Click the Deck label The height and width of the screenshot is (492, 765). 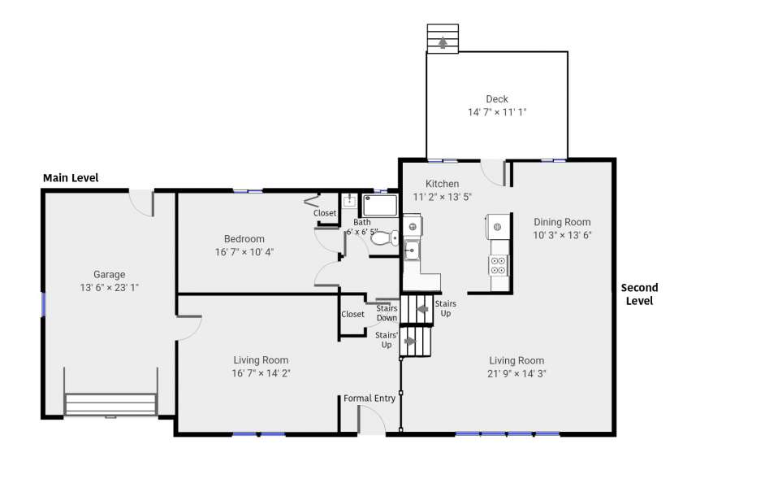click(497, 99)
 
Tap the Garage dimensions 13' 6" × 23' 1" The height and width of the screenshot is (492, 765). click(110, 288)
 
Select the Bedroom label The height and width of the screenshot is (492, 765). click(244, 239)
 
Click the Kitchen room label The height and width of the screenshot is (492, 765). click(442, 184)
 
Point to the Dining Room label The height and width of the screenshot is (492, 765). click(562, 222)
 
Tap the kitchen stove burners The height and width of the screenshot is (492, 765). click(498, 265)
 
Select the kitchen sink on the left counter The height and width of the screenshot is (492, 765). click(411, 250)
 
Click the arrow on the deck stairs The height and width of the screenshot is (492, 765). click(443, 42)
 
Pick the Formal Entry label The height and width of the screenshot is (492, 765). click(370, 398)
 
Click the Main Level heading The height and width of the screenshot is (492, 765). click(71, 178)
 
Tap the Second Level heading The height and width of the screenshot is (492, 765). click(639, 294)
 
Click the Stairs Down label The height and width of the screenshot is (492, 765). click(387, 313)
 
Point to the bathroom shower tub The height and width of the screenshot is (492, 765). click(380, 206)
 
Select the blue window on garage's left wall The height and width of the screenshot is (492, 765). click(43, 304)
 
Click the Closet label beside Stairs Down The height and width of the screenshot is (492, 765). click(352, 314)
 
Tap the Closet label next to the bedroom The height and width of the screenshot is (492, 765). click(325, 213)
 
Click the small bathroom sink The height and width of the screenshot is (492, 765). click(349, 201)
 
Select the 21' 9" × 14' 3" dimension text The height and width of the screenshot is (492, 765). click(516, 374)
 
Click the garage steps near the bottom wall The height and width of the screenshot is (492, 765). click(110, 404)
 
